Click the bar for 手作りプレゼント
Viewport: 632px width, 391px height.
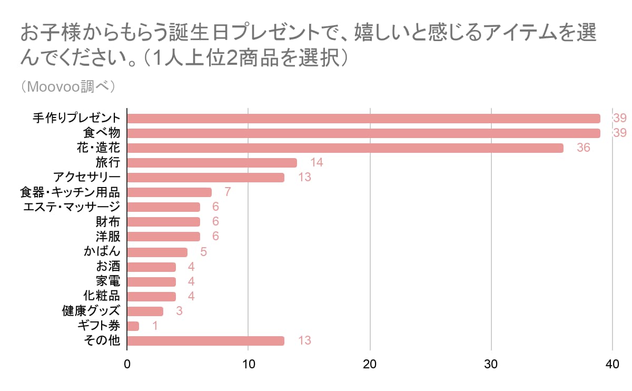(x=363, y=118)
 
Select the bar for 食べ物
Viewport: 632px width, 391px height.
(x=363, y=133)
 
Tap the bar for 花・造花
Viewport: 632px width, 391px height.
(x=345, y=148)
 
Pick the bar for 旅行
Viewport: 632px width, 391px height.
(x=212, y=162)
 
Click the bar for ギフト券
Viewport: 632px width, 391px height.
(x=133, y=326)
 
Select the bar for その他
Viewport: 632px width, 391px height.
(x=205, y=341)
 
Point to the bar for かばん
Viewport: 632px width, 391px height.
(x=157, y=252)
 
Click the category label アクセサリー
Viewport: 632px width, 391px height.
(x=87, y=177)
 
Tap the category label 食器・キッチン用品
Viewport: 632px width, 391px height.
(x=72, y=192)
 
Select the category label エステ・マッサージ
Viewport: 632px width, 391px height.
(x=72, y=207)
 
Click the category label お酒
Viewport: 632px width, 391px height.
(x=108, y=267)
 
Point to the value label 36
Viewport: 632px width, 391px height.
(x=583, y=148)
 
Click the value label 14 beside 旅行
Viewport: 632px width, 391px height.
(x=317, y=162)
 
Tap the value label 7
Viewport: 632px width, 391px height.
(x=228, y=192)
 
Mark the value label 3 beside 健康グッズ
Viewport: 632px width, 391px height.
(x=179, y=311)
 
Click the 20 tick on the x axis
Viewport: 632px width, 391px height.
(x=370, y=364)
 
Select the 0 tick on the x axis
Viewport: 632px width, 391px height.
(x=127, y=364)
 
